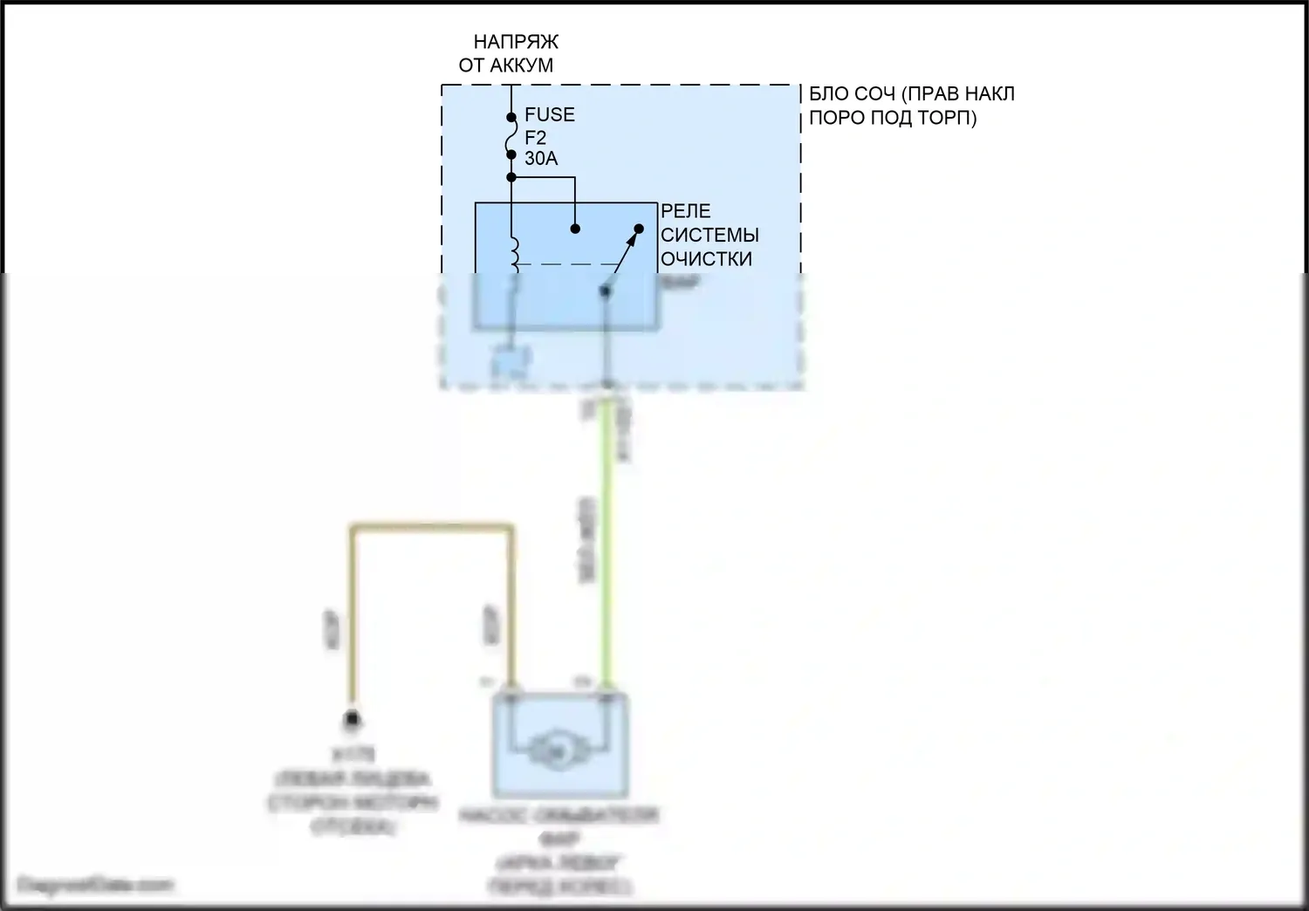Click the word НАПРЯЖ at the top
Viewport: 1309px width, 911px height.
(515, 41)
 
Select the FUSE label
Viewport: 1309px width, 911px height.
(549, 114)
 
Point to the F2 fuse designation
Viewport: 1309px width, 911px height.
(535, 137)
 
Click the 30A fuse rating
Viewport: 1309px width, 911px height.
(540, 159)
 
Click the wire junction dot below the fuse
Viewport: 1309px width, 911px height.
(511, 178)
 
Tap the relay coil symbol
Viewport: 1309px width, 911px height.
(514, 251)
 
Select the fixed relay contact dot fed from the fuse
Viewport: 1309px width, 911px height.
(575, 229)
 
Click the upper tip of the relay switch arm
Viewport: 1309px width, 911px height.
(638, 229)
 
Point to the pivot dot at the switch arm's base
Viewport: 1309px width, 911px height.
(605, 291)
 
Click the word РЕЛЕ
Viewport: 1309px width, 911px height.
(685, 211)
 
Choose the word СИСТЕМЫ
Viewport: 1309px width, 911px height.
(709, 235)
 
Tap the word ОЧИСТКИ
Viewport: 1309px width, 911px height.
(705, 259)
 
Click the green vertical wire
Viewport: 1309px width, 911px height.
(605, 541)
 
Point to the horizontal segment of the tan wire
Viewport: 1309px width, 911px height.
(431, 527)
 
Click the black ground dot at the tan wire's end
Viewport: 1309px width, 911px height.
(353, 720)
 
